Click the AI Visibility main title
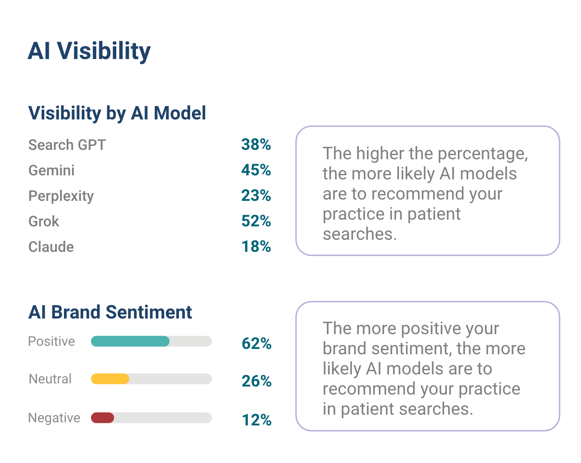pyautogui.click(x=89, y=51)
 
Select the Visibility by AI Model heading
pyautogui.click(x=117, y=113)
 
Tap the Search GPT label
pyautogui.click(x=67, y=145)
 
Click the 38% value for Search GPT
pyautogui.click(x=256, y=144)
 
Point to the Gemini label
pyautogui.click(x=51, y=170)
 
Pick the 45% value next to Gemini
pyautogui.click(x=256, y=170)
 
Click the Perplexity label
pyautogui.click(x=61, y=196)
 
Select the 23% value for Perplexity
pyautogui.click(x=256, y=195)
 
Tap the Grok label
pyautogui.click(x=44, y=221)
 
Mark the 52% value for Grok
pyautogui.click(x=256, y=221)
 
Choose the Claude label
pyautogui.click(x=51, y=247)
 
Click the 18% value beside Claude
pyautogui.click(x=256, y=246)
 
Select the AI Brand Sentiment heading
pyautogui.click(x=110, y=312)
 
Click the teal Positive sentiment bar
pyautogui.click(x=130, y=341)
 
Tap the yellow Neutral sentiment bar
pyautogui.click(x=110, y=379)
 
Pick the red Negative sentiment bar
pyautogui.click(x=102, y=418)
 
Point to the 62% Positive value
pyautogui.click(x=256, y=344)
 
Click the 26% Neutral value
pyautogui.click(x=256, y=381)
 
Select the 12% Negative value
pyautogui.click(x=256, y=420)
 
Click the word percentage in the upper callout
pyautogui.click(x=482, y=154)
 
